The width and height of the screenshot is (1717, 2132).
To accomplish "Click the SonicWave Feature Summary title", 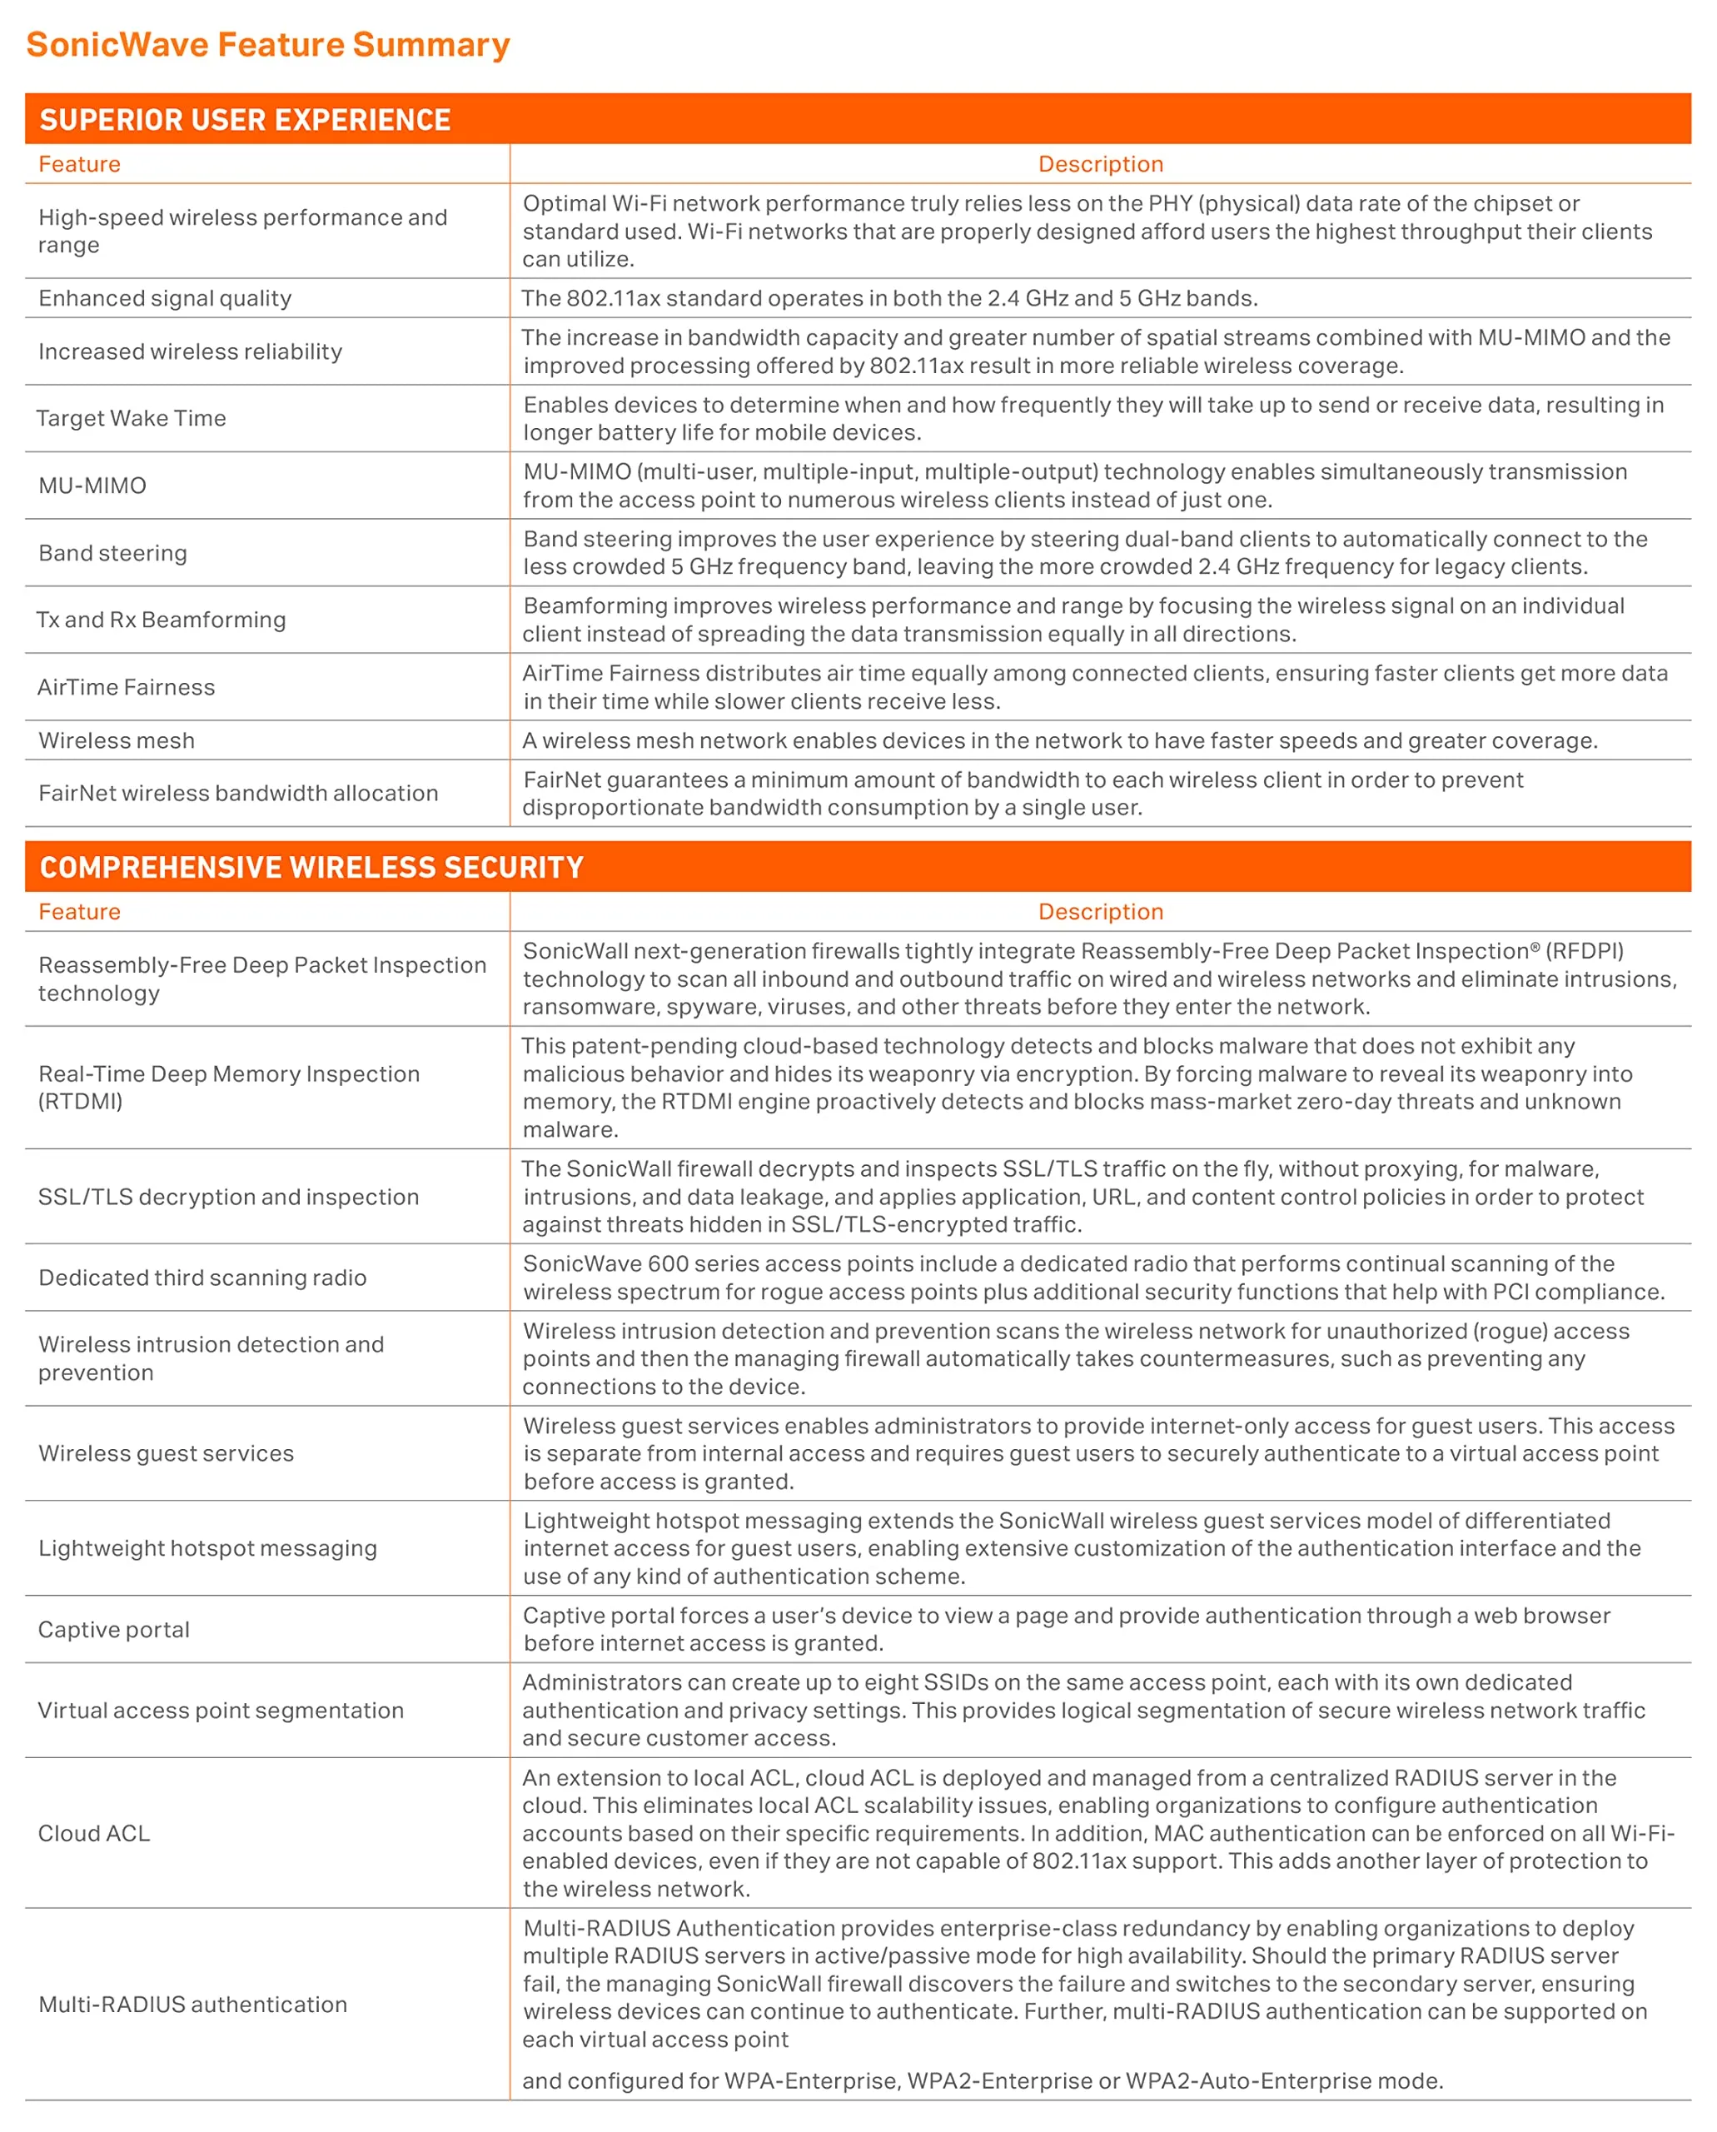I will click(x=268, y=44).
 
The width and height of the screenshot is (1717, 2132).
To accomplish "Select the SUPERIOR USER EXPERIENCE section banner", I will click(x=246, y=120).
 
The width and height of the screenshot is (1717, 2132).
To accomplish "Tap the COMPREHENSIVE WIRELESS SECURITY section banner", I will click(x=311, y=867).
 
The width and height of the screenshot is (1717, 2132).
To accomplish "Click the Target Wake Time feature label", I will click(x=132, y=418).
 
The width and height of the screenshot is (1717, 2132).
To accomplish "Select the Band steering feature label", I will click(x=112, y=553).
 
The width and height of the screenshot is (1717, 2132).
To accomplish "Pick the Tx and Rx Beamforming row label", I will click(x=162, y=620).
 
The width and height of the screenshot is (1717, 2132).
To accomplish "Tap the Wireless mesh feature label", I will click(x=117, y=740).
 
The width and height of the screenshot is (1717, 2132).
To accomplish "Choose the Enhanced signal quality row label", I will click(x=165, y=298).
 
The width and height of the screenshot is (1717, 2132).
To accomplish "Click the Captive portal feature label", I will click(x=114, y=1630).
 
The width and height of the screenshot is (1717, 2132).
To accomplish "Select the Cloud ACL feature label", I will click(x=94, y=1833).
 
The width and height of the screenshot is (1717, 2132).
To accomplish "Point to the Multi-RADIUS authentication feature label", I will click(x=193, y=2005).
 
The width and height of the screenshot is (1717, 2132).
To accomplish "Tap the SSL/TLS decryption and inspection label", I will click(x=228, y=1196).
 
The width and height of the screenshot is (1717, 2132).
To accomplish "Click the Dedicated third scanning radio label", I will click(x=202, y=1278).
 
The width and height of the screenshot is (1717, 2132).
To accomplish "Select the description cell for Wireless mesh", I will click(x=1059, y=740).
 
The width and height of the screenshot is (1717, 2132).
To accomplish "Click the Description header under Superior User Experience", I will click(x=1100, y=164).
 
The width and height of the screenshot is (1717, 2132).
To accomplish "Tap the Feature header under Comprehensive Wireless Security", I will click(x=79, y=911).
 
